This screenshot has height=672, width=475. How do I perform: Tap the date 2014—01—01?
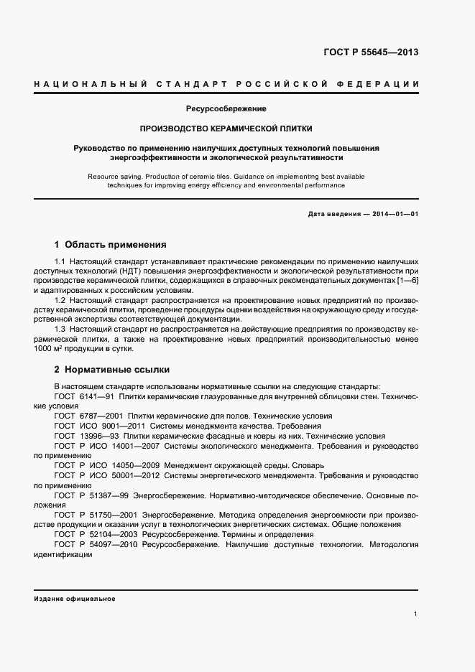(392, 215)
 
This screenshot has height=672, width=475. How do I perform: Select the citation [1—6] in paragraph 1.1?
(405, 281)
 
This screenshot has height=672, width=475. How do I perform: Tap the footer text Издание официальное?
(75, 599)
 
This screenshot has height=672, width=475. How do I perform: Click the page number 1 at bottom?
(416, 614)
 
